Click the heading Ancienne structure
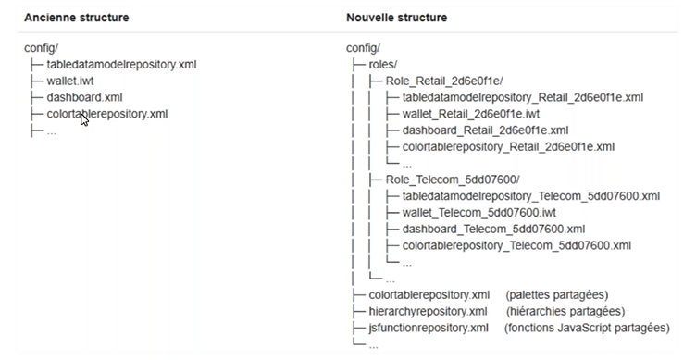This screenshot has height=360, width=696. click(76, 18)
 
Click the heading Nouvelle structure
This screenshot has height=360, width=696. click(396, 18)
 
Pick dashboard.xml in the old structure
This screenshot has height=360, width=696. click(86, 98)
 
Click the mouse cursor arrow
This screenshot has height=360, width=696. click(85, 118)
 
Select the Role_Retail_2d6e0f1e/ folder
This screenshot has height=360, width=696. click(439, 81)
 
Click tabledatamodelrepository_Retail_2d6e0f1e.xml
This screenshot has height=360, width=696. click(523, 97)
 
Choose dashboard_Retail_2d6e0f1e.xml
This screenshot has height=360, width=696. click(486, 130)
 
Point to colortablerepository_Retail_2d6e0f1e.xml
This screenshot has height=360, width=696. click(508, 147)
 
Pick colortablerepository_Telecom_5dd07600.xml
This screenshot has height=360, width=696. click(516, 245)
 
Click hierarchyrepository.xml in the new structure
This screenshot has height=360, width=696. click(423, 311)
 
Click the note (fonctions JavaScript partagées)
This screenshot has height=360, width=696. click(586, 328)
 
